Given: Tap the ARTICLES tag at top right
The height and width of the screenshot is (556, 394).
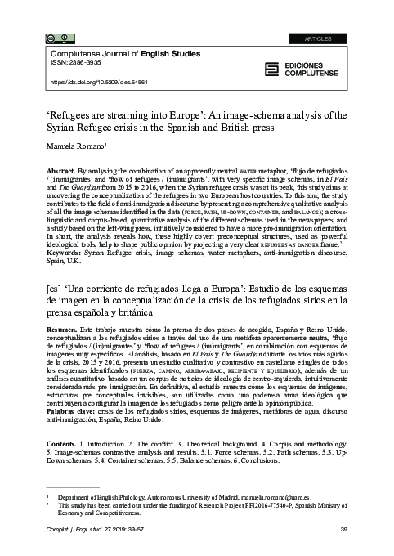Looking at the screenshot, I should click(x=341, y=16).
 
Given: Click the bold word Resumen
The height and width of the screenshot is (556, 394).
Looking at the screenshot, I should click(x=65, y=325).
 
